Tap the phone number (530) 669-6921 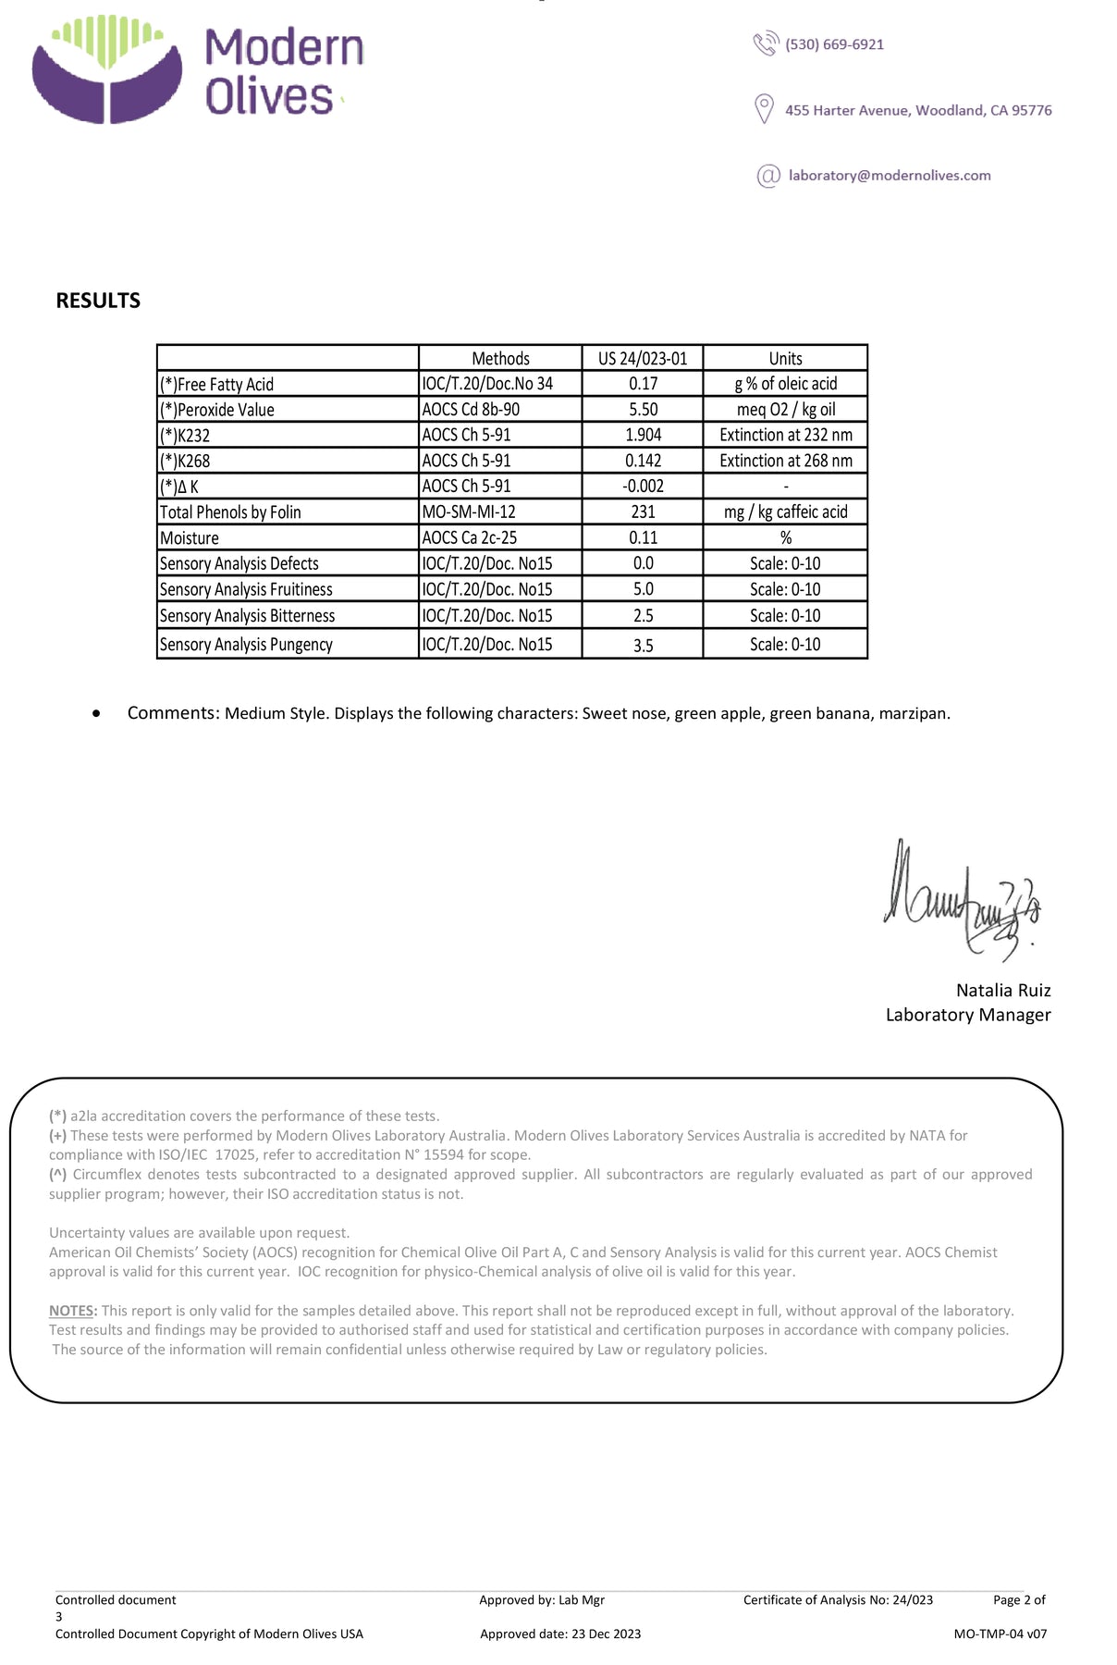tap(834, 44)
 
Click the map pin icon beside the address tap(764, 108)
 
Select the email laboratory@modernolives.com tap(889, 176)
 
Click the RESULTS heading tap(98, 301)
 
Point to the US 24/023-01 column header tap(643, 359)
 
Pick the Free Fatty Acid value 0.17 tap(643, 384)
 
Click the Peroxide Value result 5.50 tap(643, 410)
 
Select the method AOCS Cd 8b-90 tap(471, 410)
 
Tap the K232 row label tap(185, 436)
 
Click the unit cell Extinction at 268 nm tap(786, 461)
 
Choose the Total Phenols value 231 tap(643, 512)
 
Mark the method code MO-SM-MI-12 tap(469, 512)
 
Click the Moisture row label tap(190, 538)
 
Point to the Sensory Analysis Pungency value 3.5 tap(643, 646)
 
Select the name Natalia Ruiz tap(1003, 991)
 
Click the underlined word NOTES tap(72, 1311)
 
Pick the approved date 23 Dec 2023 tap(606, 1634)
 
